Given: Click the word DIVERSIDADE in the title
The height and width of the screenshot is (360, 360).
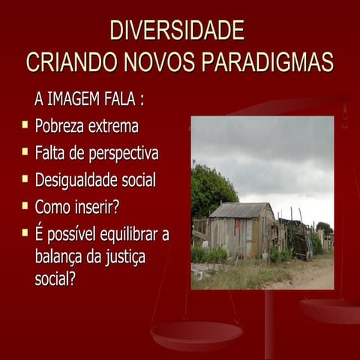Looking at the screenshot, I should (177, 31).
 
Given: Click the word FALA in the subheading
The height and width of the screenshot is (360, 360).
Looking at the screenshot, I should (132, 99).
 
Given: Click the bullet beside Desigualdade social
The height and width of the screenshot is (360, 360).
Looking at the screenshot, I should (25, 178).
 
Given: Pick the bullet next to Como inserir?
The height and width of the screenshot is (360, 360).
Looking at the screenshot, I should (25, 205).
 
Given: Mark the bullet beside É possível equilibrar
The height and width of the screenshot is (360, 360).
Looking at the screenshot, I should (25, 232).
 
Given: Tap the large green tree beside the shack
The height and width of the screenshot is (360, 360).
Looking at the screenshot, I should (209, 190).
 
